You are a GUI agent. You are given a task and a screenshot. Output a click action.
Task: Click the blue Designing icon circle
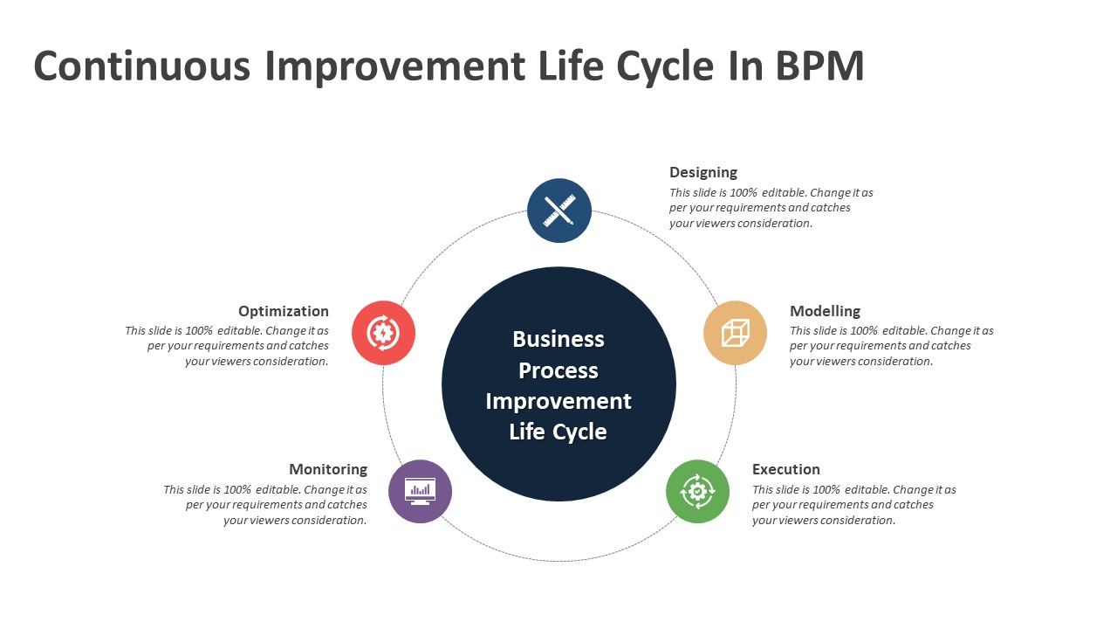point(559,211)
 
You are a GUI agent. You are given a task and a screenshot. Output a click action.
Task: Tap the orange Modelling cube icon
point(735,333)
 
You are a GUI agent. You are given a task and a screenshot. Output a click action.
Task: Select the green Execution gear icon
point(697,491)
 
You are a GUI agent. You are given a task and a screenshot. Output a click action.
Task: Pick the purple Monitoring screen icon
point(420,491)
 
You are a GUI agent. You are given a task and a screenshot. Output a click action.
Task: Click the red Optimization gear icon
point(383,333)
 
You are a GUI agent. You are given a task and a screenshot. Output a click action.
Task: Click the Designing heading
point(703,173)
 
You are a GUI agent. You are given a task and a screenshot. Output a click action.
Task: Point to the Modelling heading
point(826,311)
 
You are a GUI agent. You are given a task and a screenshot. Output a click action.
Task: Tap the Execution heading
point(786,469)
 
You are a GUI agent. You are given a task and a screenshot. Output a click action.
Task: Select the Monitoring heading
point(328,470)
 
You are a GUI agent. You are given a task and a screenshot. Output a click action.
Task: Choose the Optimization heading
point(284,311)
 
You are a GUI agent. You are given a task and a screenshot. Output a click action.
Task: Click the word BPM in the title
point(819,66)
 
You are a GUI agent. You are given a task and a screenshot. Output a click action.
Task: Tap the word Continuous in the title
point(141,66)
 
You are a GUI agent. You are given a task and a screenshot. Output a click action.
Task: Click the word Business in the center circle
point(558,339)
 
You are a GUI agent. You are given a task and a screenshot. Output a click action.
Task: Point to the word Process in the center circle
point(558,370)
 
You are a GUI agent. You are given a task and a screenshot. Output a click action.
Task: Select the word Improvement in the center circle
point(558,401)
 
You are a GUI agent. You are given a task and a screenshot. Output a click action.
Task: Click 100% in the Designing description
point(744,193)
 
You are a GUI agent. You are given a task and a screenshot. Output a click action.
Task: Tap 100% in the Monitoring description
point(237,490)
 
